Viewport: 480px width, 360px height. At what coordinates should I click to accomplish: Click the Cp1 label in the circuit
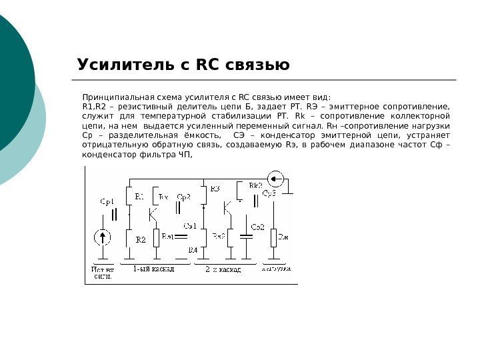coord(107,201)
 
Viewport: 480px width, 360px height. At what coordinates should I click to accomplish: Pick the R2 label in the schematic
coord(140,239)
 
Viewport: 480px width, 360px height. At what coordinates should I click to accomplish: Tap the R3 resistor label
coord(214,189)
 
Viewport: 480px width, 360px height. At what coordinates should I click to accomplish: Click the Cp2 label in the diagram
coord(184,197)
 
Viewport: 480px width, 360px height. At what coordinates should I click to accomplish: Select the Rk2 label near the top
coord(255,185)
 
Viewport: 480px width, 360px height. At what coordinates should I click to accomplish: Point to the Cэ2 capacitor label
coord(258,227)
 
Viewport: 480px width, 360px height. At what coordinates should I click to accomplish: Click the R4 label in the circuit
coord(193,249)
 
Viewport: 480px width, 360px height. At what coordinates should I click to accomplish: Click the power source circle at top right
coord(275,178)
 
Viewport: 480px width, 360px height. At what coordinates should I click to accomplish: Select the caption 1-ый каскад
coord(153,269)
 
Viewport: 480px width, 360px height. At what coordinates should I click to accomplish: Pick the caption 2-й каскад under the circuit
coord(223,269)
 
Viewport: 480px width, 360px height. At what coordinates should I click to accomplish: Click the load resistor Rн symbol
coord(273,237)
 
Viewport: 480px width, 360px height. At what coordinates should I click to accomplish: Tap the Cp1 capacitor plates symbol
coord(114,215)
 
